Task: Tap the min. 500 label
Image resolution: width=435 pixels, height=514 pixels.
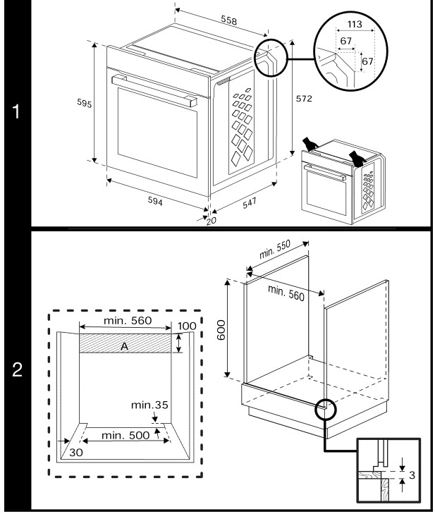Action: coord(125,435)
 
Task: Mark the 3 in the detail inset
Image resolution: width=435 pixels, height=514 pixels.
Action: coord(412,473)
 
